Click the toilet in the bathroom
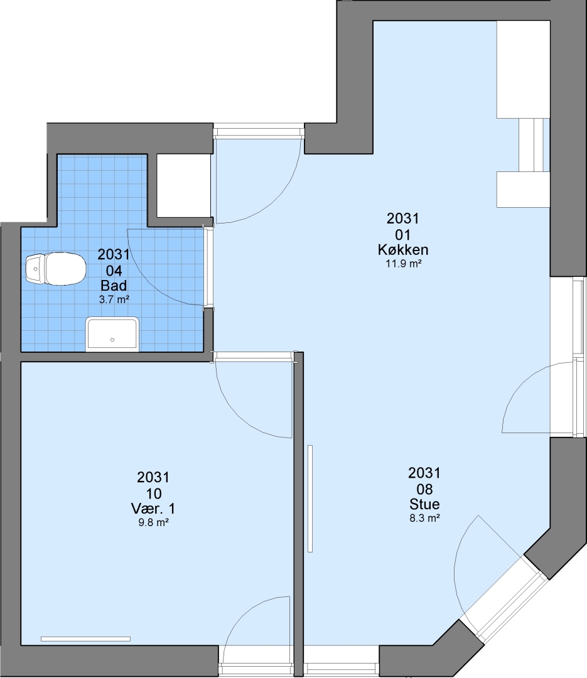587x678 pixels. (x=55, y=269)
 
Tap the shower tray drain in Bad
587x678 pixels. (x=112, y=340)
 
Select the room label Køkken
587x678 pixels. (x=403, y=249)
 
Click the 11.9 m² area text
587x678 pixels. (x=403, y=263)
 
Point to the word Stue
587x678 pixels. (x=425, y=504)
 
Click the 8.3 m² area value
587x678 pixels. (x=425, y=518)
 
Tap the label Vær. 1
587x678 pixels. (x=153, y=508)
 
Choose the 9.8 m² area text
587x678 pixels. (x=153, y=522)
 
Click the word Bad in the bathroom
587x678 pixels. (x=114, y=286)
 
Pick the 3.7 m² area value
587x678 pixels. (x=114, y=299)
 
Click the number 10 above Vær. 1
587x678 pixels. (x=154, y=493)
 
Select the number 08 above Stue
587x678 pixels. (x=425, y=489)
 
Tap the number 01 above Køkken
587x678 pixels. (x=402, y=235)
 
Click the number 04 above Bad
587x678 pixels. (x=114, y=271)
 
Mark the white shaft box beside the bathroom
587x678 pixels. (x=184, y=185)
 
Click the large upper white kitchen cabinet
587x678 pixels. (x=523, y=69)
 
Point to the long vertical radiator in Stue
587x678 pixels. (x=310, y=498)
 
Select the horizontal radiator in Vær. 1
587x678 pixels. (x=85, y=639)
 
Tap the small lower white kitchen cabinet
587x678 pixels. (x=523, y=190)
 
